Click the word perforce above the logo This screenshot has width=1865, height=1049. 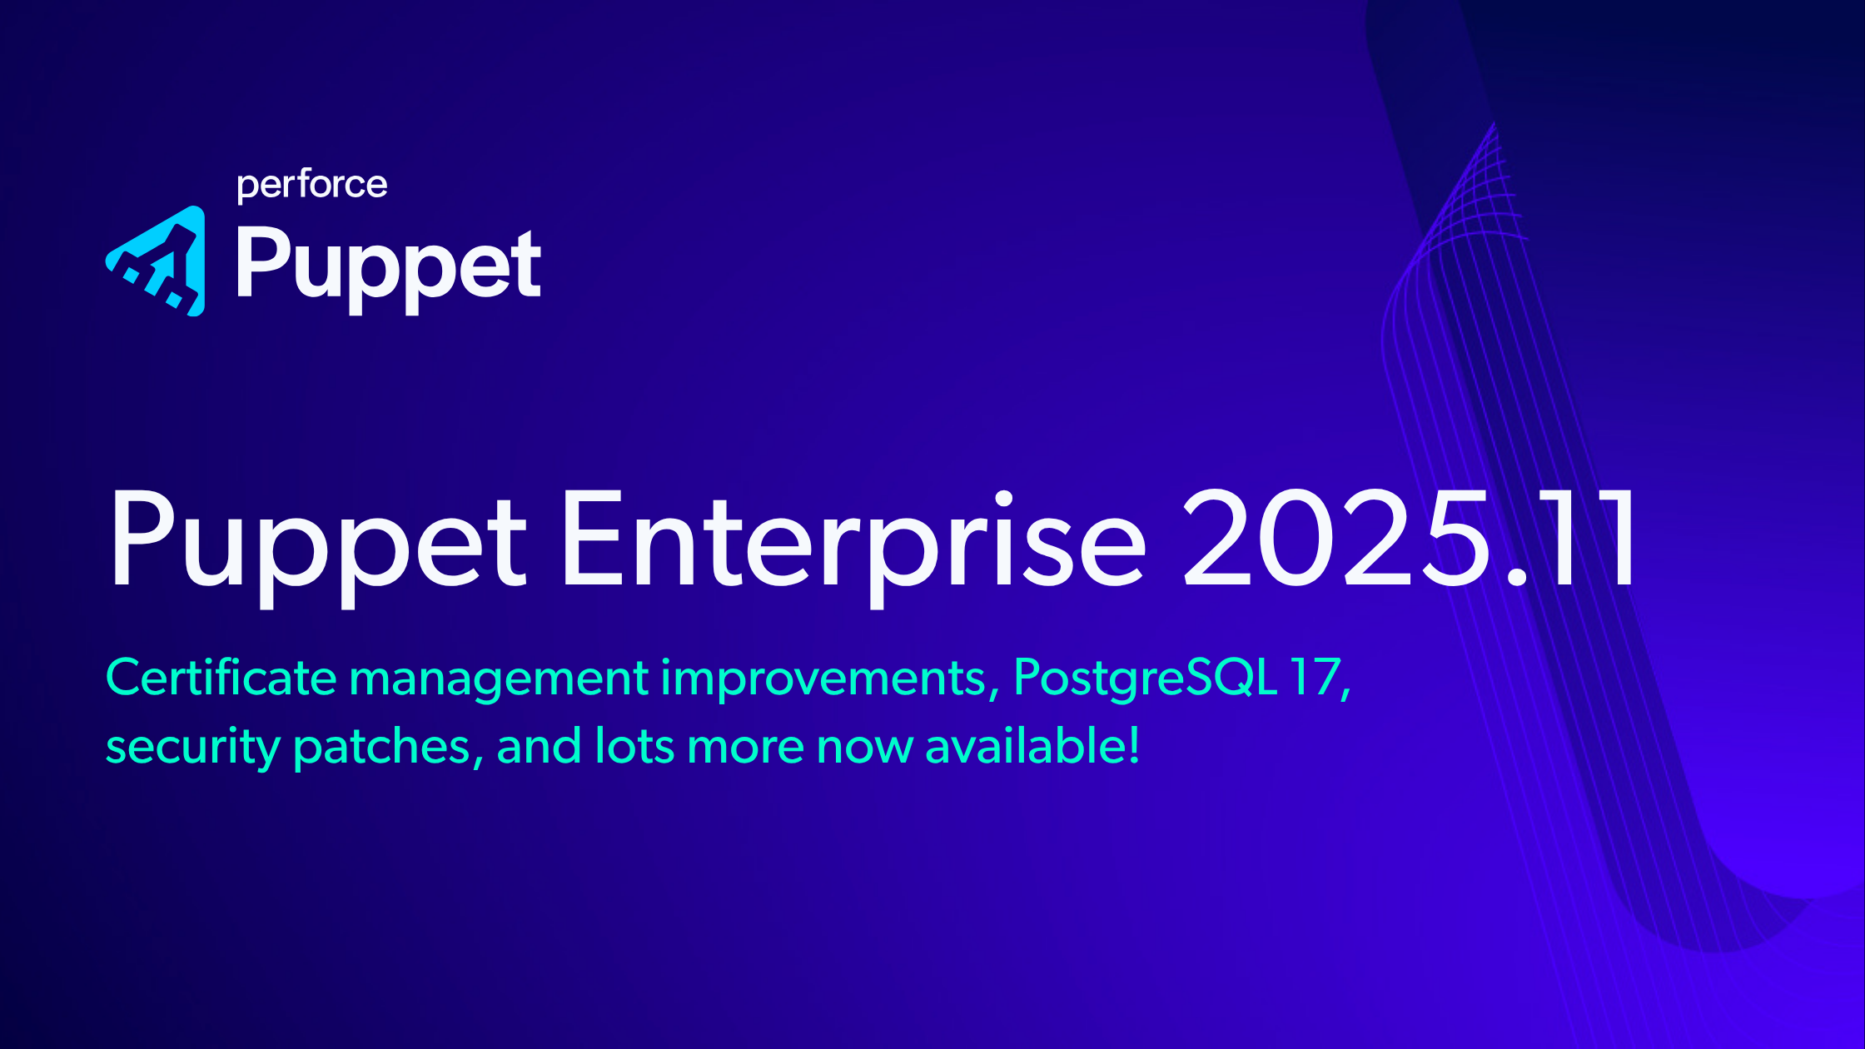312,186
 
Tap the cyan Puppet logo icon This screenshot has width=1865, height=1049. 156,261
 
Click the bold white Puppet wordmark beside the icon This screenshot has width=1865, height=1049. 389,268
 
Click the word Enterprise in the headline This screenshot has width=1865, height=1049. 854,545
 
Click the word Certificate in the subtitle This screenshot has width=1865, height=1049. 221,678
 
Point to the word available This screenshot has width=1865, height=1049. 1023,745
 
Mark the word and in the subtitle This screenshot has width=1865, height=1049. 539,745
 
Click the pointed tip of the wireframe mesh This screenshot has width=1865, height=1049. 1494,123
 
